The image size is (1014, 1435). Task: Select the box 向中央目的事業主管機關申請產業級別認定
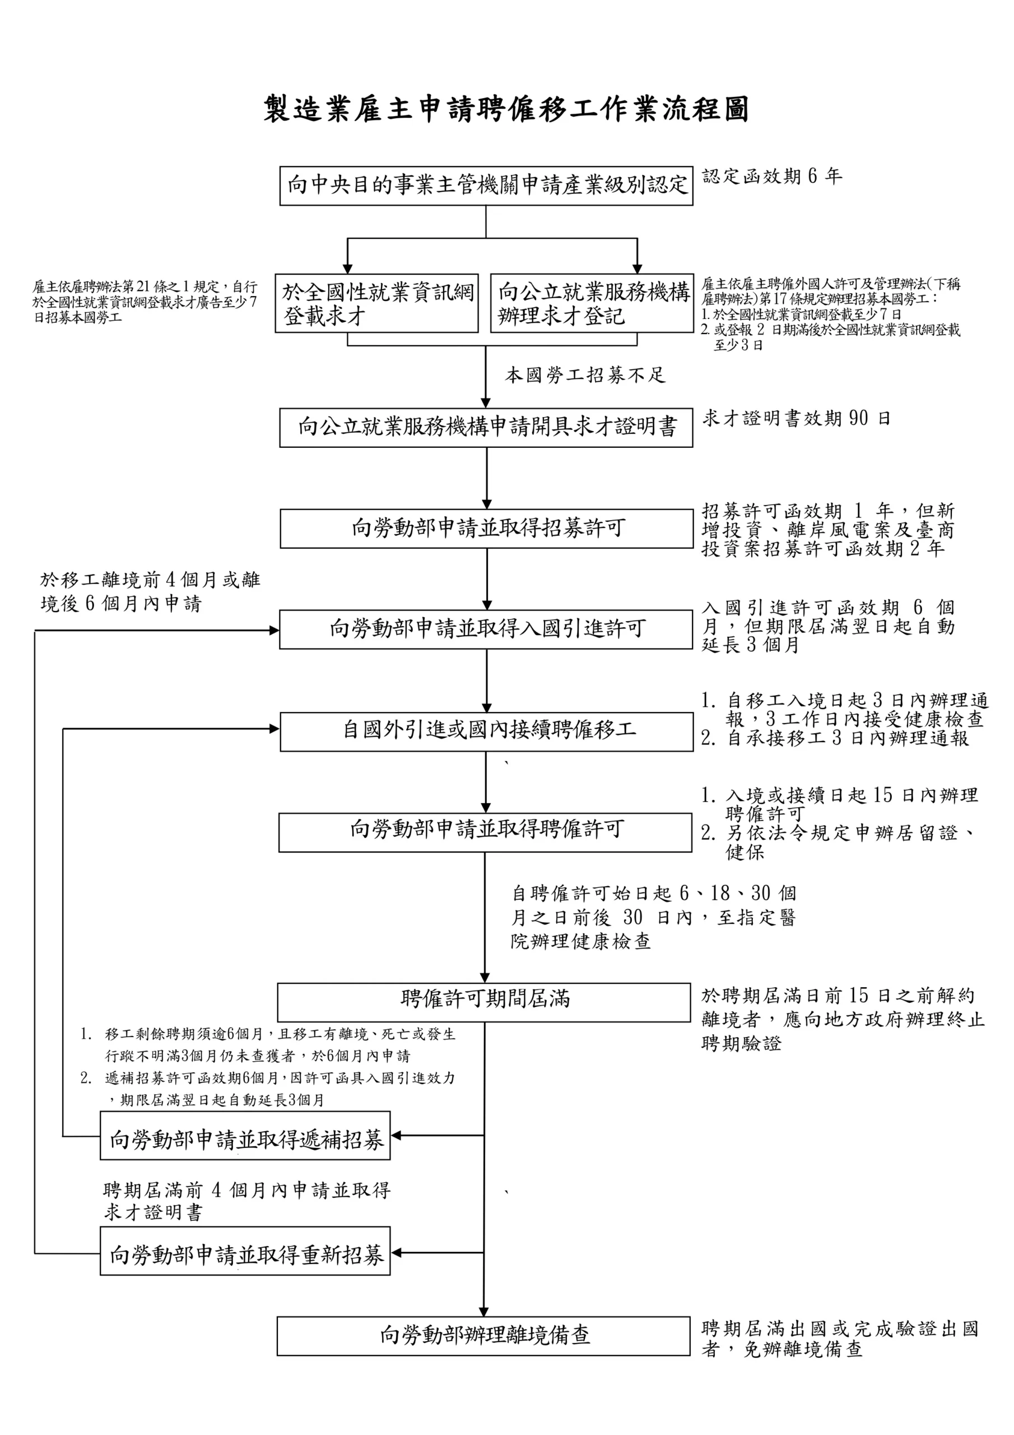tap(486, 186)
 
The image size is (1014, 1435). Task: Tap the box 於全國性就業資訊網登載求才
tap(376, 303)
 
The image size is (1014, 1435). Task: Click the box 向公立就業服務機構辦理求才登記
tap(592, 303)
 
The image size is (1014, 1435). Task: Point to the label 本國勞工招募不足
tap(585, 375)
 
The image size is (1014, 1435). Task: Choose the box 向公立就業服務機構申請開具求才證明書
tap(486, 428)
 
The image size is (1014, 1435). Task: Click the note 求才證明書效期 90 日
tap(796, 418)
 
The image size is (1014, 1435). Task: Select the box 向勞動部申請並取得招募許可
tap(486, 529)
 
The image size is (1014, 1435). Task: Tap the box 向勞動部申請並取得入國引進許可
tap(486, 629)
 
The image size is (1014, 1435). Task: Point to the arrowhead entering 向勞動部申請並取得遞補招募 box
tap(396, 1135)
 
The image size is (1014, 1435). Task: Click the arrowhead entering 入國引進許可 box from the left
tap(275, 631)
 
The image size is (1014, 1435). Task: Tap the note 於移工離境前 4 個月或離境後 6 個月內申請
tap(150, 591)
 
